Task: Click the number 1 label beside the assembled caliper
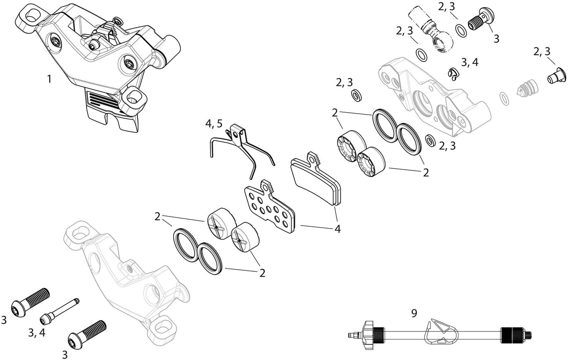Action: (49, 79)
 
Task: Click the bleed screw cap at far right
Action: (554, 77)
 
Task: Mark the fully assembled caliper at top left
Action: (98, 61)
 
